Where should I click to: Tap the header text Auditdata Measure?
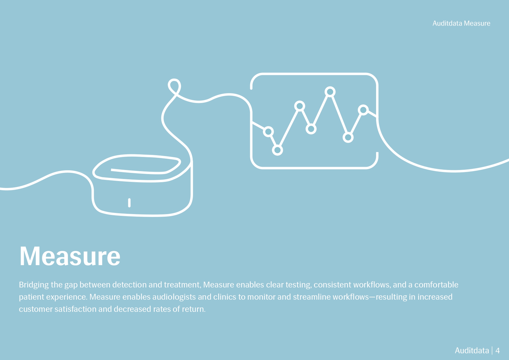(461, 23)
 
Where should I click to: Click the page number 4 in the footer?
(497, 351)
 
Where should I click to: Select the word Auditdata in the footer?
(472, 351)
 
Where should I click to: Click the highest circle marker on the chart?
(330, 92)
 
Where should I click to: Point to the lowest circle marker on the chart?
(277, 150)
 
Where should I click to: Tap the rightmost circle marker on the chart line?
(363, 110)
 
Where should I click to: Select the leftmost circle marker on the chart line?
(268, 132)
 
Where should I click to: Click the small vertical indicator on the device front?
(129, 203)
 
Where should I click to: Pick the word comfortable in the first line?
(436, 285)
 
